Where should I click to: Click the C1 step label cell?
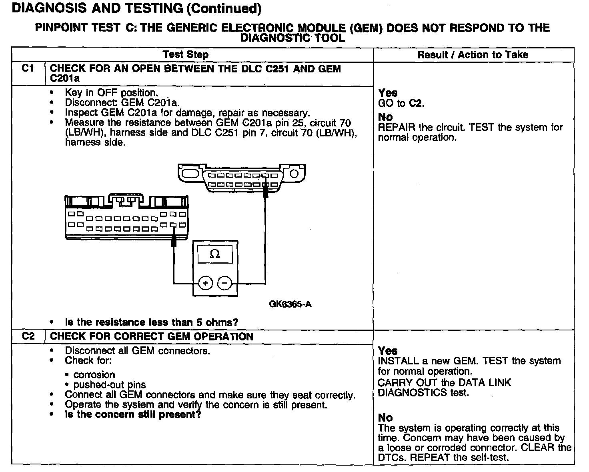pyautogui.click(x=28, y=69)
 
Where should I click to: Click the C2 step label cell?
pyautogui.click(x=28, y=336)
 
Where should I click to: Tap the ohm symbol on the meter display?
pyautogui.click(x=215, y=254)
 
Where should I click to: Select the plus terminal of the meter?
pyautogui.click(x=206, y=283)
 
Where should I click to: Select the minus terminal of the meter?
pyautogui.click(x=224, y=283)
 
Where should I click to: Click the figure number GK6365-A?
pyautogui.click(x=290, y=304)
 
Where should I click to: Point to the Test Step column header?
pyautogui.click(x=186, y=55)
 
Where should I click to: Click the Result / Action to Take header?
pyautogui.click(x=473, y=55)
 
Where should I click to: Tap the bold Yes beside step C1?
pyautogui.click(x=388, y=93)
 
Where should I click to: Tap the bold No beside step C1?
pyautogui.click(x=385, y=117)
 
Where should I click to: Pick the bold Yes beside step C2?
pyautogui.click(x=388, y=351)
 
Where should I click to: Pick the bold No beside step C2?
pyautogui.click(x=385, y=418)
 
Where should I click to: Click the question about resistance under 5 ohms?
pyautogui.click(x=152, y=322)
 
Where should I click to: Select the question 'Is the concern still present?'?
pyautogui.click(x=133, y=414)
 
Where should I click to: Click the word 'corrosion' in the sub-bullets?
pyautogui.click(x=94, y=375)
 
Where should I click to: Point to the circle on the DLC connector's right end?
pyautogui.click(x=294, y=174)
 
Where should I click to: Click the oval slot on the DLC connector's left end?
pyautogui.click(x=189, y=174)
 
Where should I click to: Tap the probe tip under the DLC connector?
pyautogui.click(x=265, y=192)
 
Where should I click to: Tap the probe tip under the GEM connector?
pyautogui.click(x=173, y=241)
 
